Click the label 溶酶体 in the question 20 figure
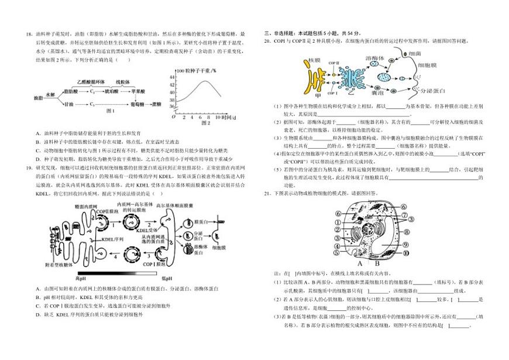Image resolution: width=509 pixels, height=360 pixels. [x=374, y=59]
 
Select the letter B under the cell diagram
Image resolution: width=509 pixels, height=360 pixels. [x=377, y=263]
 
